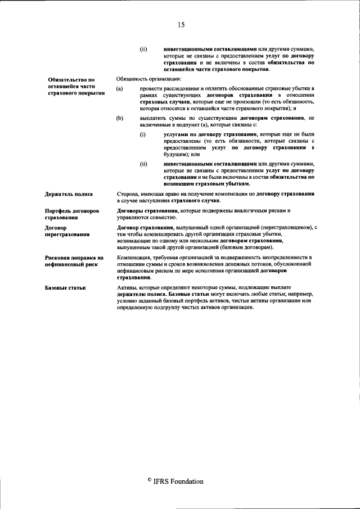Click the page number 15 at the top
tap(180, 24)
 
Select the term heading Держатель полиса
tap(69, 194)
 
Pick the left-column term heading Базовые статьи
tap(65, 288)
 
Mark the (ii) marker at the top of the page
tap(143, 48)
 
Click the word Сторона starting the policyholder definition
tap(127, 194)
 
